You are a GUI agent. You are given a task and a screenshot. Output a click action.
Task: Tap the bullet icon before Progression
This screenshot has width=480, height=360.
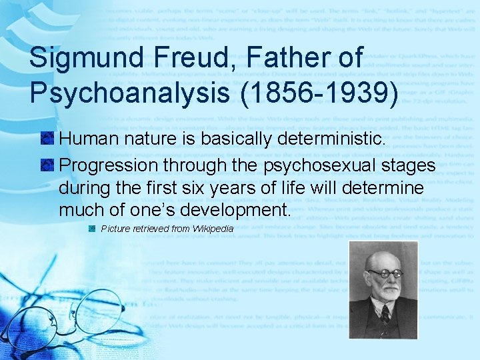(x=47, y=165)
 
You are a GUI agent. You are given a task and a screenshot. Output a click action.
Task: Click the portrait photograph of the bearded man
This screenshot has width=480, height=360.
(x=383, y=290)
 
